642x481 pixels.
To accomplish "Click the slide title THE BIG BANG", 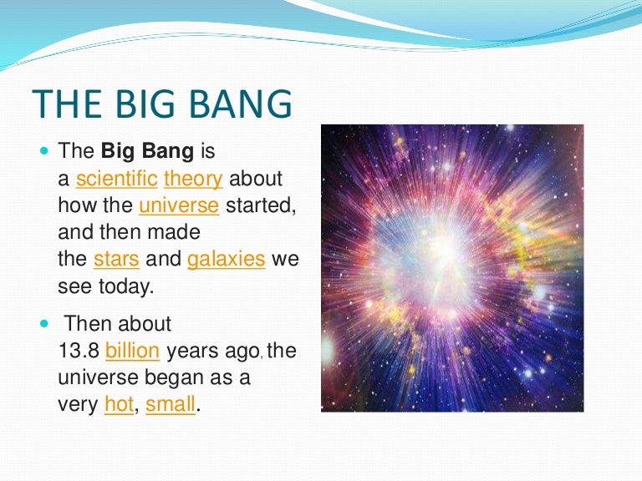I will tap(163, 106).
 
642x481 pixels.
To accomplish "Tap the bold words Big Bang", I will tap(147, 152).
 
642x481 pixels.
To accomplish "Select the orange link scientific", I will tap(116, 179).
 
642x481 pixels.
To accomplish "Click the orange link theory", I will tap(193, 179).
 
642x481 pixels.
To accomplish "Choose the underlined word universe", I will tap(179, 205).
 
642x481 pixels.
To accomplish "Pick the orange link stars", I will tap(115, 259).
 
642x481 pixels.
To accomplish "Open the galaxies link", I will tap(227, 259).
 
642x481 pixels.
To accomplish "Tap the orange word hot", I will tap(119, 405).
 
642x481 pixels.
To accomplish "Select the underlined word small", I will tap(171, 405).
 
